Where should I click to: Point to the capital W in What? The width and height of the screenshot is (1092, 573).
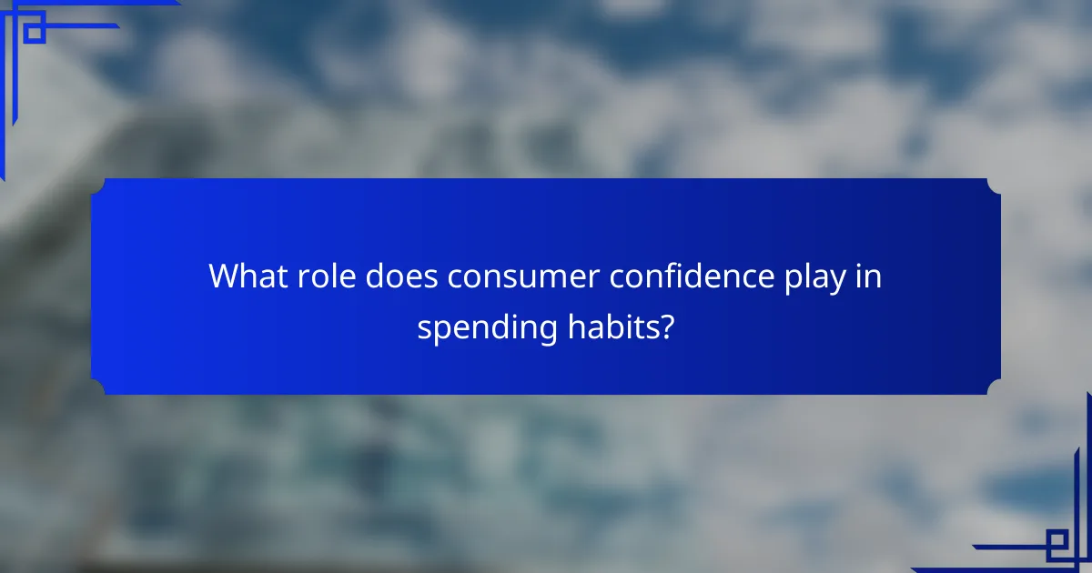click(x=224, y=276)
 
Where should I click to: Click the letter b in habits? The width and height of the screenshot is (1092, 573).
click(x=611, y=326)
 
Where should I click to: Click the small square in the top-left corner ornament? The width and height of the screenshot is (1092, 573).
click(x=35, y=33)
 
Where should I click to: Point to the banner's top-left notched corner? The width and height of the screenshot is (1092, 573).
click(x=98, y=186)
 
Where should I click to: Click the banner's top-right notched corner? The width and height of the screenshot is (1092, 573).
click(x=994, y=186)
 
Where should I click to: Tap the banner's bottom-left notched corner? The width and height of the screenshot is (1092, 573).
click(x=98, y=387)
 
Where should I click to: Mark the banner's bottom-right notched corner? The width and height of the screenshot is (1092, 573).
click(x=994, y=387)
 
